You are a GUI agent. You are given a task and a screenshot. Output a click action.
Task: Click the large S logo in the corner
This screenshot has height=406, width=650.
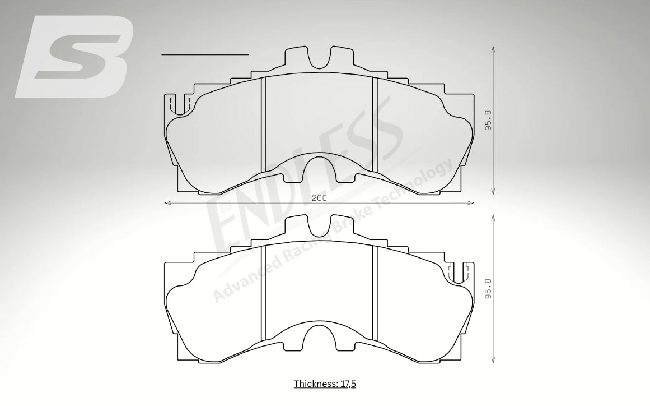point(74,57)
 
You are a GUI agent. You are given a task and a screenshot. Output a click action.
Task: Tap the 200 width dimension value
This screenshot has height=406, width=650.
point(319,198)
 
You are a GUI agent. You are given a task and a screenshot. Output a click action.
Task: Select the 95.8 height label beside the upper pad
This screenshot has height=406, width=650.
point(488,121)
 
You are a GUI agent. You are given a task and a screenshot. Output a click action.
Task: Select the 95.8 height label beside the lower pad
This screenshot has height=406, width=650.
point(488,289)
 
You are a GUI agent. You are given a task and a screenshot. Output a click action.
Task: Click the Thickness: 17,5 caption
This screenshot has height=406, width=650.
point(325,384)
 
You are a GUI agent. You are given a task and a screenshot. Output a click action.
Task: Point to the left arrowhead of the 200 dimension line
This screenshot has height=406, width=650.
point(167,203)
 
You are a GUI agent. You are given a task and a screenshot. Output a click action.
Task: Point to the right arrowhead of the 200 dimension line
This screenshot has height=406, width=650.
point(471,203)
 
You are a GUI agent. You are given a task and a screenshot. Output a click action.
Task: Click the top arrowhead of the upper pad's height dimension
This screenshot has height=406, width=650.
point(493,49)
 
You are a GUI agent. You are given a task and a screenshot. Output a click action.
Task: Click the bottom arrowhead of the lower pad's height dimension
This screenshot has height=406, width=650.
point(493,361)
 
